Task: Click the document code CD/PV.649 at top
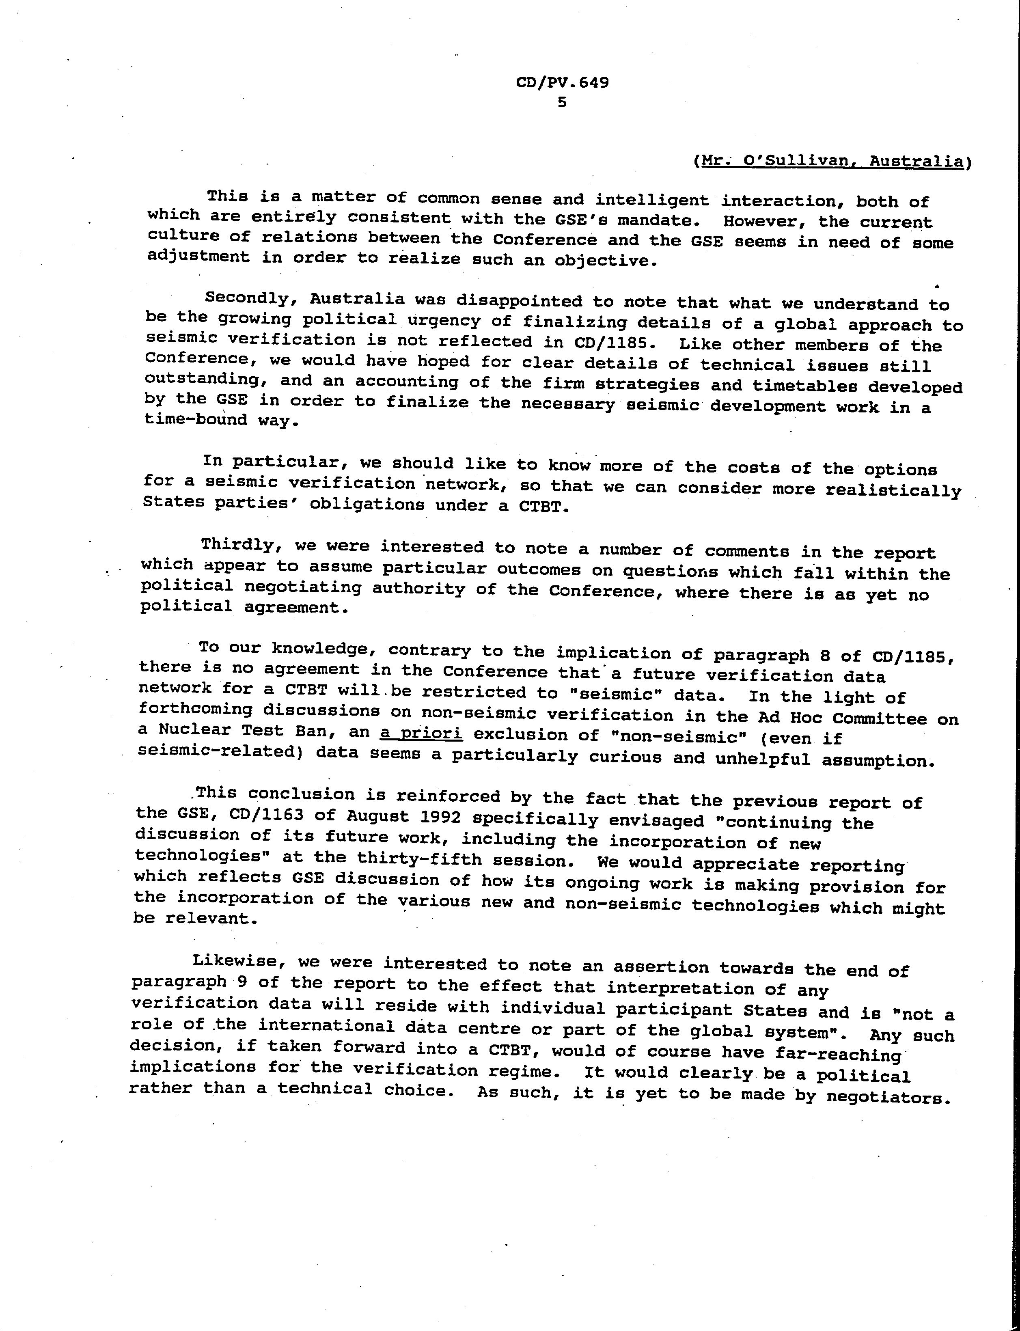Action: pyautogui.click(x=562, y=82)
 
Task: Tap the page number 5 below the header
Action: pyautogui.click(x=562, y=103)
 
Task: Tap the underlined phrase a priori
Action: pyautogui.click(x=421, y=733)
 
